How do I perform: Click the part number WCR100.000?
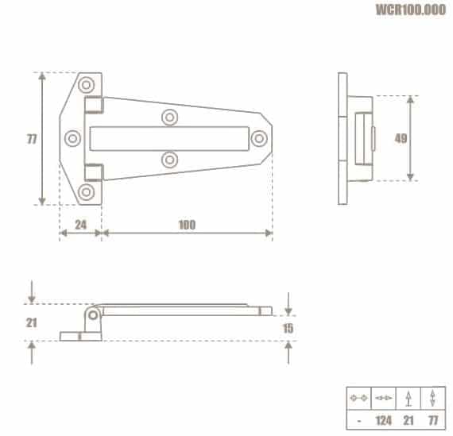411,10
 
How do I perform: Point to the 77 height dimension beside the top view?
32,139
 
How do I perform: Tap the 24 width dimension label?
80,225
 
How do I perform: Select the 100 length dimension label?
187,225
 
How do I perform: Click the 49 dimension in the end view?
401,139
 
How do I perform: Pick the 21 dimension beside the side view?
32,322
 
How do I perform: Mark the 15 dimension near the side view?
288,328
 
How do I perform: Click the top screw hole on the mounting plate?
86,85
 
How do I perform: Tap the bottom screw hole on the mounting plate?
86,192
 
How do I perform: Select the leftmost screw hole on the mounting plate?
72,138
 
